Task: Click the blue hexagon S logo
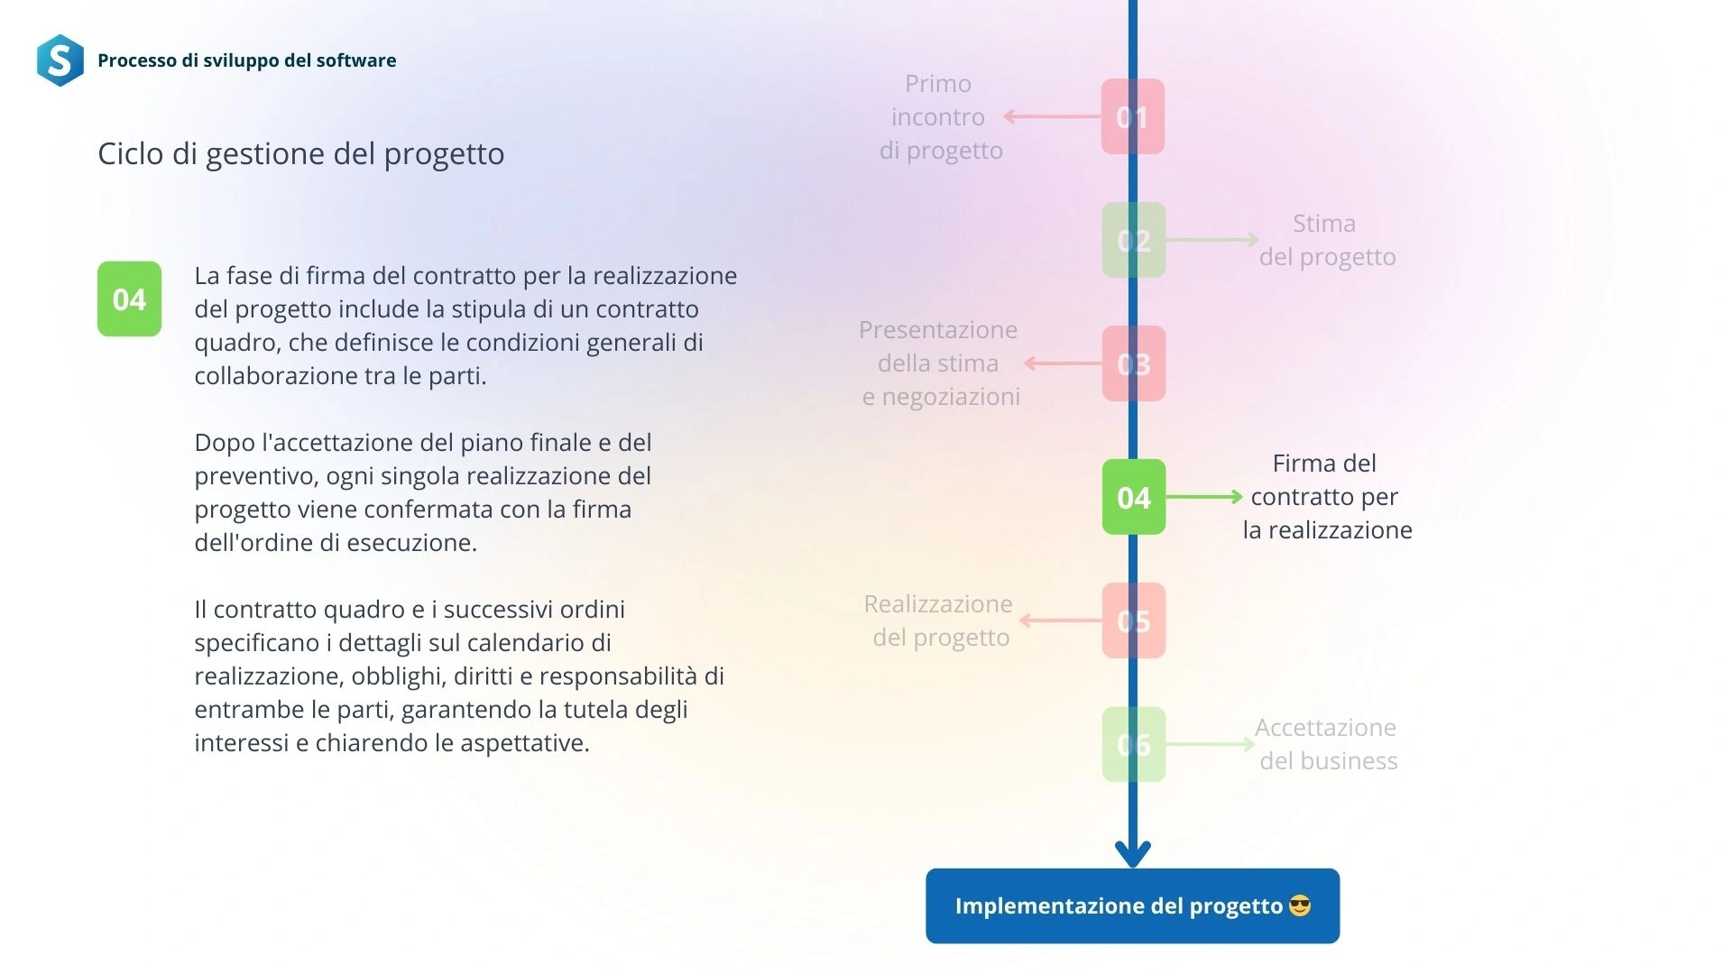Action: (x=60, y=60)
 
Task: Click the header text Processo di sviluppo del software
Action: (x=246, y=60)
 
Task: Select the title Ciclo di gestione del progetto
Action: (x=300, y=153)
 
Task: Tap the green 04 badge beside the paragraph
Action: (x=129, y=299)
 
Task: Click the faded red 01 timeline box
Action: (x=1133, y=116)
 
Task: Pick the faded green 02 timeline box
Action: (x=1134, y=240)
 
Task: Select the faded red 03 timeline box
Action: (x=1134, y=363)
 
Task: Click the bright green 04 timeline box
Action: (x=1134, y=497)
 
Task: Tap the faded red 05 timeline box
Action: (x=1134, y=620)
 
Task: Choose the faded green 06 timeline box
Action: (x=1134, y=744)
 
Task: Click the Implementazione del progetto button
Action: (x=1132, y=905)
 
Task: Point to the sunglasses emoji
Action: (x=1300, y=905)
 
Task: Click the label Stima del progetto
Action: (x=1327, y=240)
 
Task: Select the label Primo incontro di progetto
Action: (x=940, y=116)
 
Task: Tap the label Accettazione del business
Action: (x=1327, y=744)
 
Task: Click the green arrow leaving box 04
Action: (x=1204, y=497)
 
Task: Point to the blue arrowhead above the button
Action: (x=1133, y=853)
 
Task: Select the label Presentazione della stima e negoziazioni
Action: (x=940, y=363)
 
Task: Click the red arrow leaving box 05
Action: (x=1061, y=620)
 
